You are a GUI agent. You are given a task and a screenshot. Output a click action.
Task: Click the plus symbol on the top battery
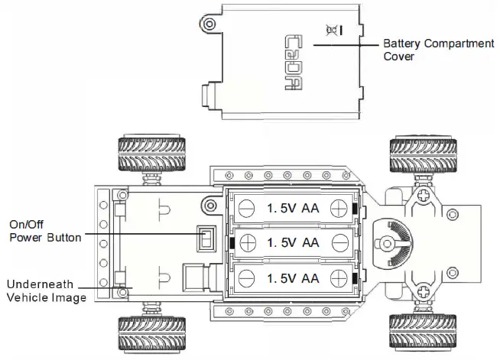pos(247,207)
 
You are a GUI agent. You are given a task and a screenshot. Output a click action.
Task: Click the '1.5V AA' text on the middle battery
pos(293,242)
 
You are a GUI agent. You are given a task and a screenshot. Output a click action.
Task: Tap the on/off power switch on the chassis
pos(205,239)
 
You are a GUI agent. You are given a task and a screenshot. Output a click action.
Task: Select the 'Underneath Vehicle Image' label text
pos(46,291)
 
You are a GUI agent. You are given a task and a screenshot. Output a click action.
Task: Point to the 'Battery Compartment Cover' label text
pos(438,50)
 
